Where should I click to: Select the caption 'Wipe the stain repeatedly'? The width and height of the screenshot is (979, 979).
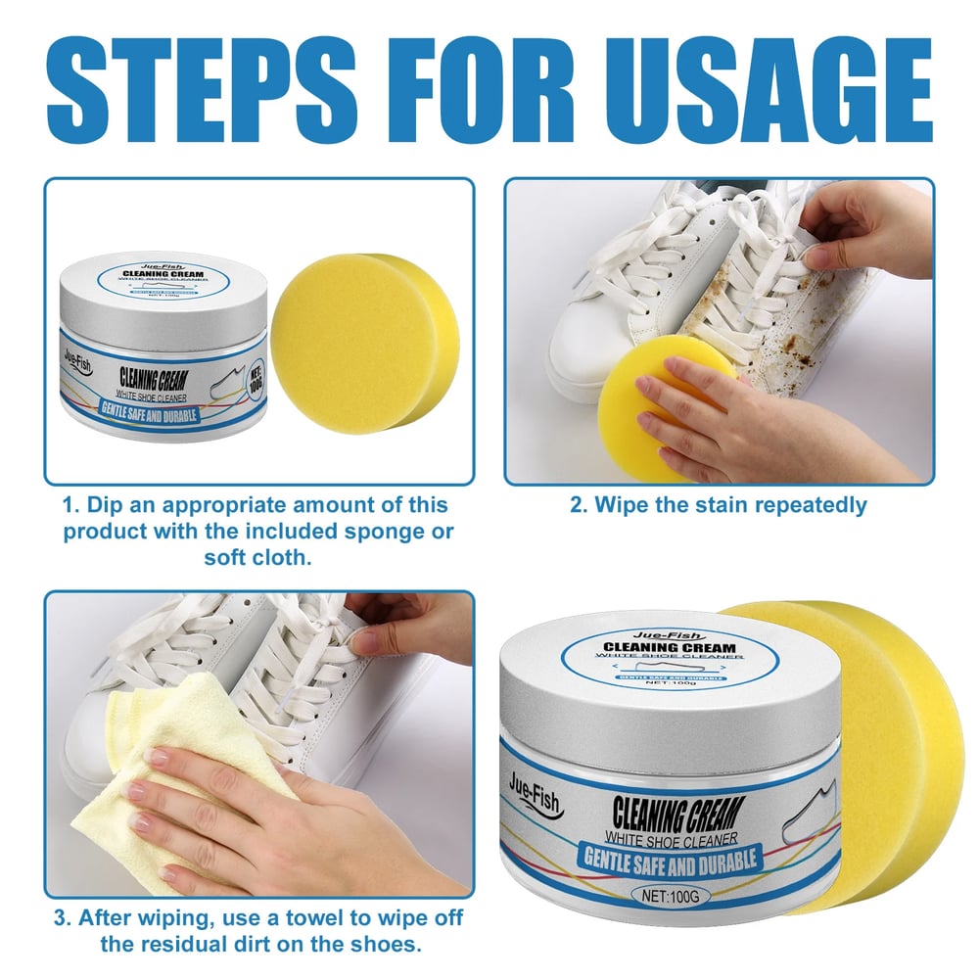point(719,505)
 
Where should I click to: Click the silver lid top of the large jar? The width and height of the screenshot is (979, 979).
point(670,666)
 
